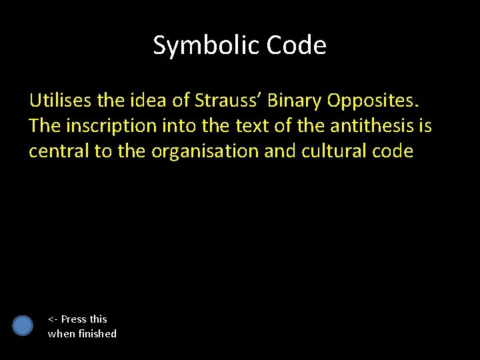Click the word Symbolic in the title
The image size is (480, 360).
pos(206,45)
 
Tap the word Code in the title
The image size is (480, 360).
pos(296,45)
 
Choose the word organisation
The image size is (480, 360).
pos(204,151)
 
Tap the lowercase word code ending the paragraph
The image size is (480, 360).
pos(393,151)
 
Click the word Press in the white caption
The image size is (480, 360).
pos(74,319)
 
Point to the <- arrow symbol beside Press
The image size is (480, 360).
pos(53,319)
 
